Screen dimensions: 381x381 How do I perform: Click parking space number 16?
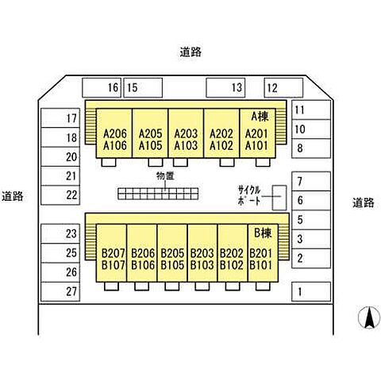(x=102, y=87)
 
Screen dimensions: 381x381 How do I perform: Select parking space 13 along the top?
(x=225, y=87)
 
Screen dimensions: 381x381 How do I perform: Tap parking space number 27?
(x=60, y=291)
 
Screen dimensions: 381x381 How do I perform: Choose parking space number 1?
(x=311, y=291)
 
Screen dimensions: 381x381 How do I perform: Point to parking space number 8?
(x=311, y=148)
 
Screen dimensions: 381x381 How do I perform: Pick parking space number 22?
(x=60, y=195)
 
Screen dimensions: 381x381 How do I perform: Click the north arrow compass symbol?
(x=369, y=317)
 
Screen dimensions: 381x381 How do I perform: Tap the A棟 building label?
(x=260, y=117)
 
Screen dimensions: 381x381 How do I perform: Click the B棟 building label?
(x=263, y=233)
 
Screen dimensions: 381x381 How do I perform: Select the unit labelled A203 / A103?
(x=186, y=133)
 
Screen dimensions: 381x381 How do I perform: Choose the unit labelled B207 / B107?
(x=112, y=253)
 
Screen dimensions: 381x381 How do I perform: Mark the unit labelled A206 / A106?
(x=114, y=133)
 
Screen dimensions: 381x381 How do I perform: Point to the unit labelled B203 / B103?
(x=202, y=253)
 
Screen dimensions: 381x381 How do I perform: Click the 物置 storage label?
(x=165, y=176)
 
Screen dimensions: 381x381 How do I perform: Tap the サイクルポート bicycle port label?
(x=249, y=195)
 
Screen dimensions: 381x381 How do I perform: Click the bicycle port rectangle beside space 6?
(x=279, y=198)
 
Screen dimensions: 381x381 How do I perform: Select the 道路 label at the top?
(x=190, y=52)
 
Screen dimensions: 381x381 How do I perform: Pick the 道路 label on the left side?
(x=13, y=196)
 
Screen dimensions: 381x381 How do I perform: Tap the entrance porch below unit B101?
(x=263, y=287)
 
